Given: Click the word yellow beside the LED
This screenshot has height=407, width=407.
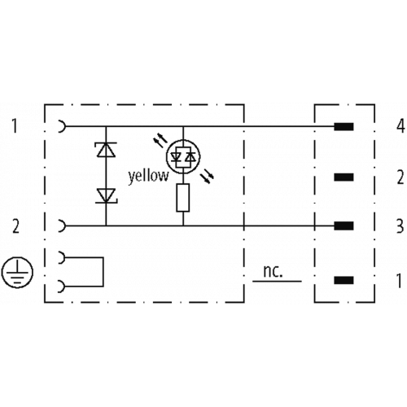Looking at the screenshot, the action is tap(148, 177).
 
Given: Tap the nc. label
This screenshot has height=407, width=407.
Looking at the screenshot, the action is tap(273, 272).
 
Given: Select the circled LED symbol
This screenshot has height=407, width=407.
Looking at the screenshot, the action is tap(183, 157).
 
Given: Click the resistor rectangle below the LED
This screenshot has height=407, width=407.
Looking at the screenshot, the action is tap(183, 198).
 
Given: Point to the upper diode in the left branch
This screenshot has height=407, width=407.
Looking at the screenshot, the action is tap(106, 149).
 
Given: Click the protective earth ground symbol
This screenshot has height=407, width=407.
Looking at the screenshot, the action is tap(17, 272).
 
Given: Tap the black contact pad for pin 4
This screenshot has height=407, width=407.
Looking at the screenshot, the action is tap(344, 127).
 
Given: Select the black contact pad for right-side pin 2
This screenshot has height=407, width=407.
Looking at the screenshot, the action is tap(344, 177).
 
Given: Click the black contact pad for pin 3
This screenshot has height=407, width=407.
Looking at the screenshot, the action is tap(344, 225).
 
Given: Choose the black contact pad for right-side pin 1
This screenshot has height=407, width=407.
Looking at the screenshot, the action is tap(344, 280).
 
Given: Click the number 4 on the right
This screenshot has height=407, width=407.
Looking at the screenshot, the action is tap(400, 126).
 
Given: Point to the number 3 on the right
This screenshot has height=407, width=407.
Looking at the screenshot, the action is tap(400, 226).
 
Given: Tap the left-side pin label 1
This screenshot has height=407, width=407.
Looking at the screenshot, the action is tap(15, 126).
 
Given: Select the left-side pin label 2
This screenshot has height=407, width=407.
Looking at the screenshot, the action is tap(16, 227).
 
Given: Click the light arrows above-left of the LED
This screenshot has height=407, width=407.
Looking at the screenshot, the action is tap(160, 142).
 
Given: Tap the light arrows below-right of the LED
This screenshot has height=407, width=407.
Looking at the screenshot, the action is tap(208, 177).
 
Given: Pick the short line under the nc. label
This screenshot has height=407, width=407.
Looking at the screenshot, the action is tap(277, 281).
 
